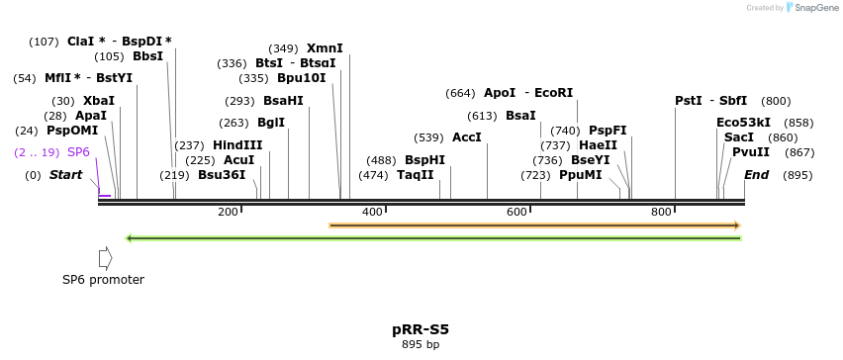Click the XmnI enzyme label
[x=325, y=48]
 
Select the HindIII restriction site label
[x=237, y=145]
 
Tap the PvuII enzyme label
[x=751, y=152]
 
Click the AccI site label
[x=466, y=137]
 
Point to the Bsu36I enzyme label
[x=222, y=175]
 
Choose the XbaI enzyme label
[x=98, y=101]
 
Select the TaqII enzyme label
[x=415, y=175]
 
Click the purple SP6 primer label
[x=78, y=152]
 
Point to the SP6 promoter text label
[x=103, y=280]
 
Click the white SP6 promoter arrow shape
[x=105, y=258]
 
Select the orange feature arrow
[x=534, y=225]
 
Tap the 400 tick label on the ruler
[x=372, y=212]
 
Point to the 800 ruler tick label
[x=661, y=212]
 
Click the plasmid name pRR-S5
[x=421, y=329]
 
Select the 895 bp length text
[x=421, y=345]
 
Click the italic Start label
[x=66, y=175]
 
